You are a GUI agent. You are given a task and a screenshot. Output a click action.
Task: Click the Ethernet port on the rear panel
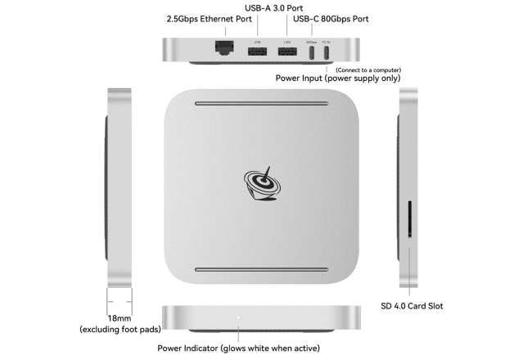(x=220, y=49)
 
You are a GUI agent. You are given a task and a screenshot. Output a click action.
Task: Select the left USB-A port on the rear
(x=257, y=52)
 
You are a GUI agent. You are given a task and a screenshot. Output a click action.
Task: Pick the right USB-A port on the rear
(x=286, y=52)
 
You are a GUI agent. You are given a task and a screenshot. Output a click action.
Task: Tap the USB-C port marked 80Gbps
(x=311, y=52)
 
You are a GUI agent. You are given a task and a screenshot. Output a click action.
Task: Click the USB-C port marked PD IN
(x=327, y=52)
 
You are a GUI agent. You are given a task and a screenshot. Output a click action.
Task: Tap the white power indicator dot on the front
(x=238, y=317)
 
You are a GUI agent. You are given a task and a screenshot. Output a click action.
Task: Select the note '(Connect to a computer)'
(x=368, y=70)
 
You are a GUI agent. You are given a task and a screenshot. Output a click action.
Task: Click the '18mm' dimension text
(x=119, y=318)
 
